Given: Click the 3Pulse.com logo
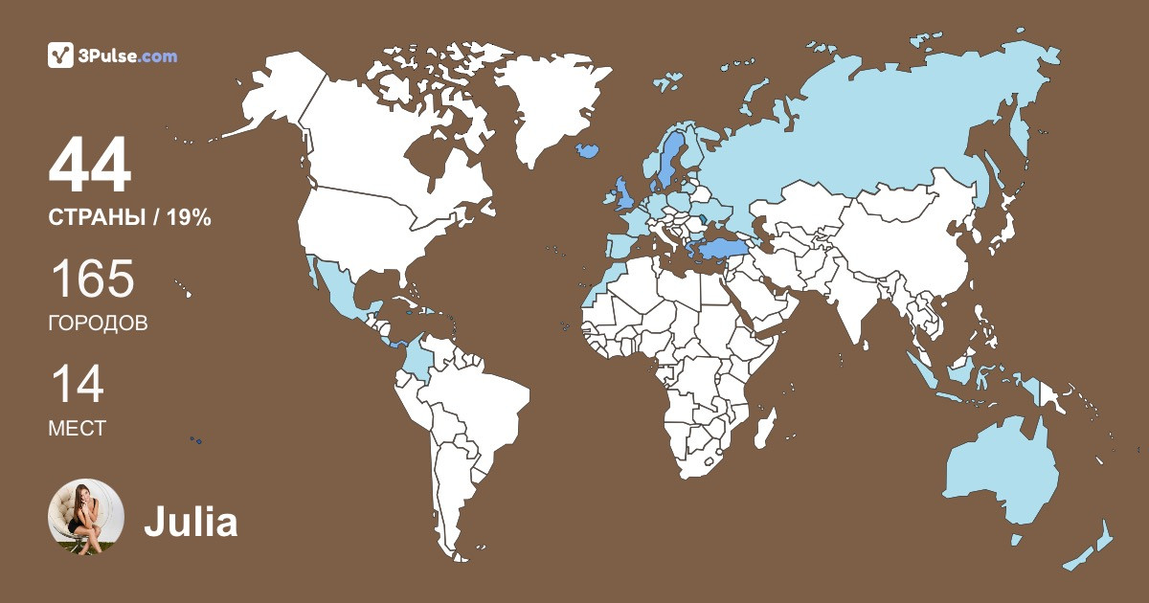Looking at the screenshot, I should (x=113, y=56).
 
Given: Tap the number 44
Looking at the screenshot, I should (x=90, y=167).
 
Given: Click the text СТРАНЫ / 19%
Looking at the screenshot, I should (x=129, y=217).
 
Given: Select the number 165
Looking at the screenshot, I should (x=92, y=280).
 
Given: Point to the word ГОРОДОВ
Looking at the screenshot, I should (x=98, y=324).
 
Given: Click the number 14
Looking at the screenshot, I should (x=77, y=385).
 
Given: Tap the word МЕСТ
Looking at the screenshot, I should (x=77, y=429).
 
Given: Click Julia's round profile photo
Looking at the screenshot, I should (x=86, y=517).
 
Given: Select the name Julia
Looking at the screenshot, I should (x=191, y=523).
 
